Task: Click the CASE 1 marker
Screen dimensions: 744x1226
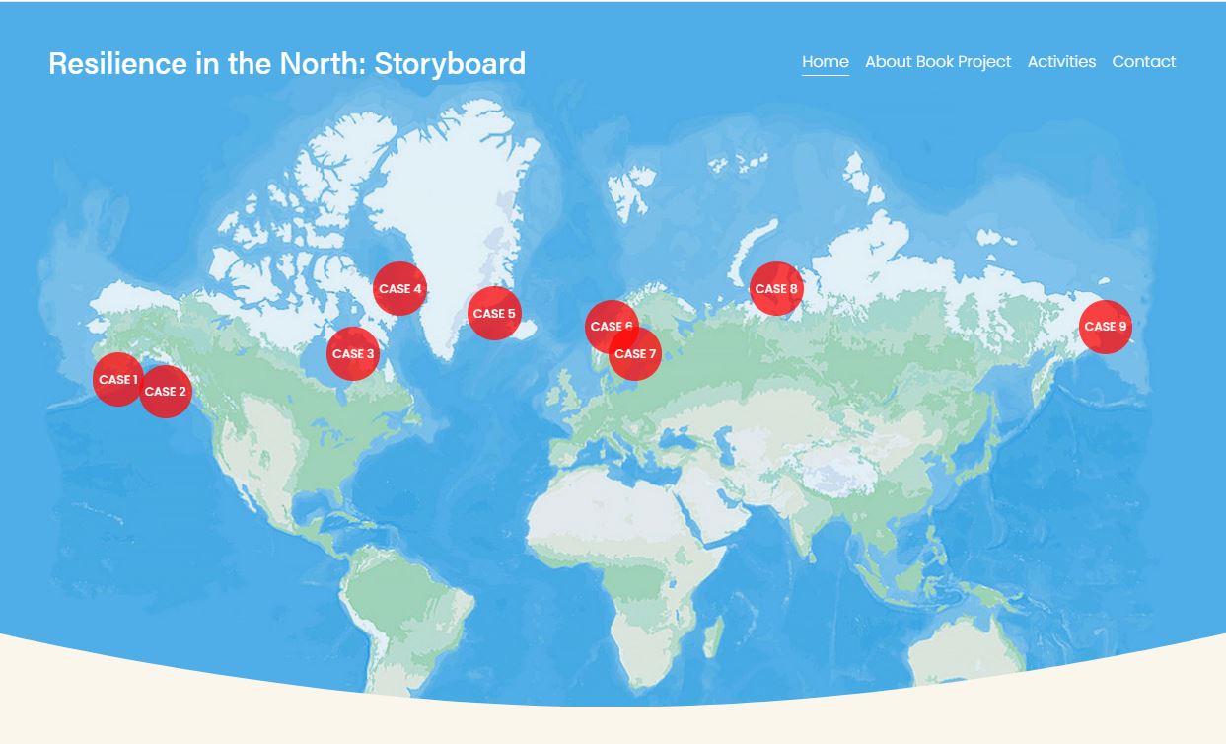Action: [x=117, y=380]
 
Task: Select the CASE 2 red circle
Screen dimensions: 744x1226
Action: [x=166, y=392]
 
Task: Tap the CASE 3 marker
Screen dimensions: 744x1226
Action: [x=352, y=353]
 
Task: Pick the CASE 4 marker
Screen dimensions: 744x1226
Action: [x=399, y=288]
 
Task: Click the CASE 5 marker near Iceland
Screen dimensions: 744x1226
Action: [x=494, y=314]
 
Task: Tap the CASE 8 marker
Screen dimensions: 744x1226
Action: [x=776, y=288]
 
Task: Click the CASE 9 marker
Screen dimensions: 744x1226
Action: [x=1106, y=327]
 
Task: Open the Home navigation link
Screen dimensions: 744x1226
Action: [x=826, y=61]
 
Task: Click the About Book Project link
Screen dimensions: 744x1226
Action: [x=938, y=61]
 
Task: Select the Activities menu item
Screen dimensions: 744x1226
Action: [x=1061, y=61]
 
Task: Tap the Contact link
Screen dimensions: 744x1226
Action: [x=1144, y=61]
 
